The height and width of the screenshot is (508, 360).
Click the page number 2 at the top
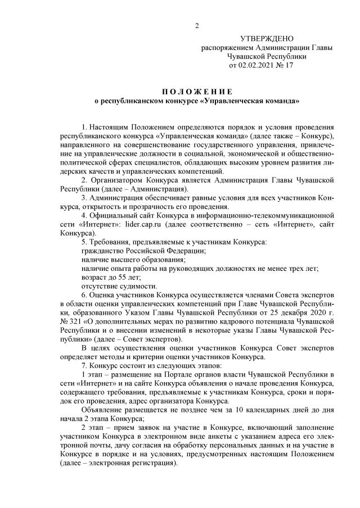(x=196, y=25)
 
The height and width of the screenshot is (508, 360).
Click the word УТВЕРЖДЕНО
(x=267, y=39)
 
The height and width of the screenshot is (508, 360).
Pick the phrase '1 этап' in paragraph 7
(x=92, y=374)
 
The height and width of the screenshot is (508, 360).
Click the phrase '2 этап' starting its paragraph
(x=92, y=427)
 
